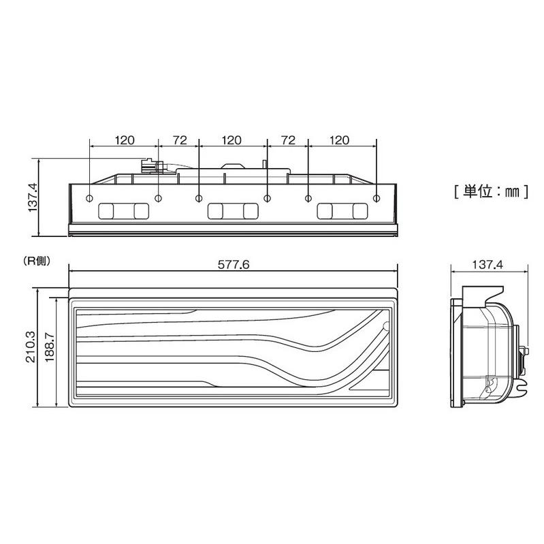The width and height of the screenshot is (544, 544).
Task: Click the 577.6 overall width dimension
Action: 234,265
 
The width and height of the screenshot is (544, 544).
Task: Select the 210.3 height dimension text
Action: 31,347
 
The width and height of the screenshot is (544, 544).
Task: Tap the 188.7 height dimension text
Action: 50,347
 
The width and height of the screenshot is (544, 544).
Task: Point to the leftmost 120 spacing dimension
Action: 125,140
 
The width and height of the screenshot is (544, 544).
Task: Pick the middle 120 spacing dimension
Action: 231,140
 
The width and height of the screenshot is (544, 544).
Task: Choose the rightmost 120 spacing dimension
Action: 339,140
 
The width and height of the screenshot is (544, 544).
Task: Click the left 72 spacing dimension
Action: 180,140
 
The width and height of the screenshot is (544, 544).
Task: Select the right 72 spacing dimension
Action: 288,140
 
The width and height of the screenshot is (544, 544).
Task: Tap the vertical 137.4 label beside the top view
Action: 33,197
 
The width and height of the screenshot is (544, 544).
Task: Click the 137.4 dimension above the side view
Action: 487,265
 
